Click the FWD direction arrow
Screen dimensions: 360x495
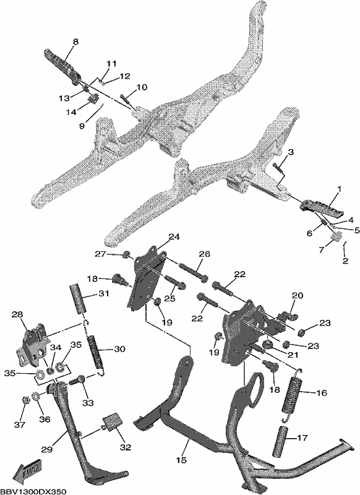point(26,470)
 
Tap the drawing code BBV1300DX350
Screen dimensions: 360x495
point(33,491)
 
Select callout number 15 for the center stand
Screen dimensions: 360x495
point(181,460)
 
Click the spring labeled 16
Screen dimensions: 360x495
point(291,395)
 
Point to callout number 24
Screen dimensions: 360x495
point(174,237)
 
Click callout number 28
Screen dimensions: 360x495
point(18,314)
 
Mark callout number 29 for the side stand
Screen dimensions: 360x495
point(46,450)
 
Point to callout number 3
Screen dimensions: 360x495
point(291,152)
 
